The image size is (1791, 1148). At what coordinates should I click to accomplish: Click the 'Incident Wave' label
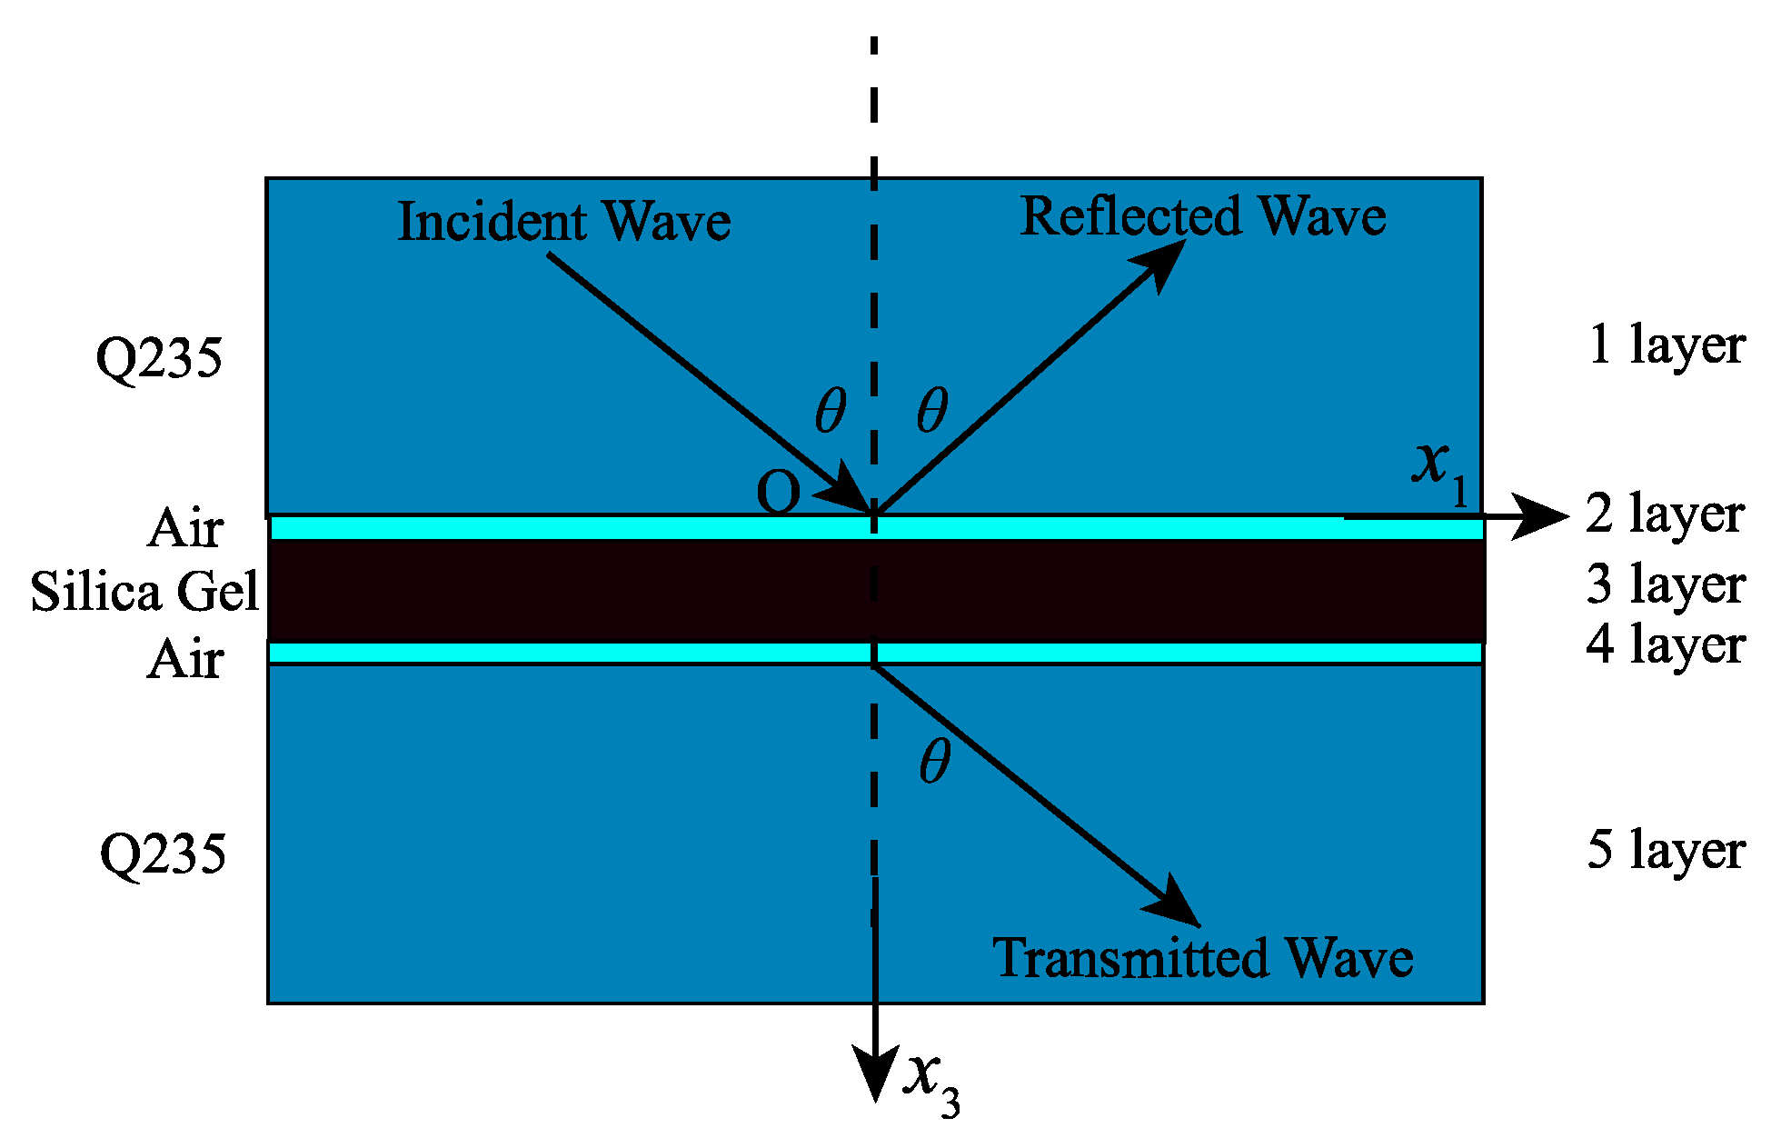point(563,222)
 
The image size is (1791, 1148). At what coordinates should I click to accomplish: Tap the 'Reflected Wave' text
point(1202,216)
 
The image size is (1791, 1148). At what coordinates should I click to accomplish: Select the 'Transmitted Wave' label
point(1202,958)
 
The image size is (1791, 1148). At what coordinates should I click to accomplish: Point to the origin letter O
point(778,494)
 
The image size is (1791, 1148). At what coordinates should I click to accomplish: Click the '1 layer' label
point(1666,345)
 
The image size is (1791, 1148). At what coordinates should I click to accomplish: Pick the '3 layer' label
point(1665,584)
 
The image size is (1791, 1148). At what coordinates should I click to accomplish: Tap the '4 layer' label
point(1665,644)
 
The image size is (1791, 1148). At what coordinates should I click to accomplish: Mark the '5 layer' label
point(1665,850)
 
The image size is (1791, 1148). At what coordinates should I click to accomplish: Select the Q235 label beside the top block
point(158,357)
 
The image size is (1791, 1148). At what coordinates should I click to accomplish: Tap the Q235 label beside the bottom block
point(162,854)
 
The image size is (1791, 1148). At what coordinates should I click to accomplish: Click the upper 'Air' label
point(184,528)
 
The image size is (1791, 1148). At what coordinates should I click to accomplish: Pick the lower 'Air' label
point(184,659)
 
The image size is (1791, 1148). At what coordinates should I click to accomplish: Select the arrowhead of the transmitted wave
point(1178,905)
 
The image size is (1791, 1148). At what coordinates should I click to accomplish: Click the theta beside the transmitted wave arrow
point(935,761)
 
